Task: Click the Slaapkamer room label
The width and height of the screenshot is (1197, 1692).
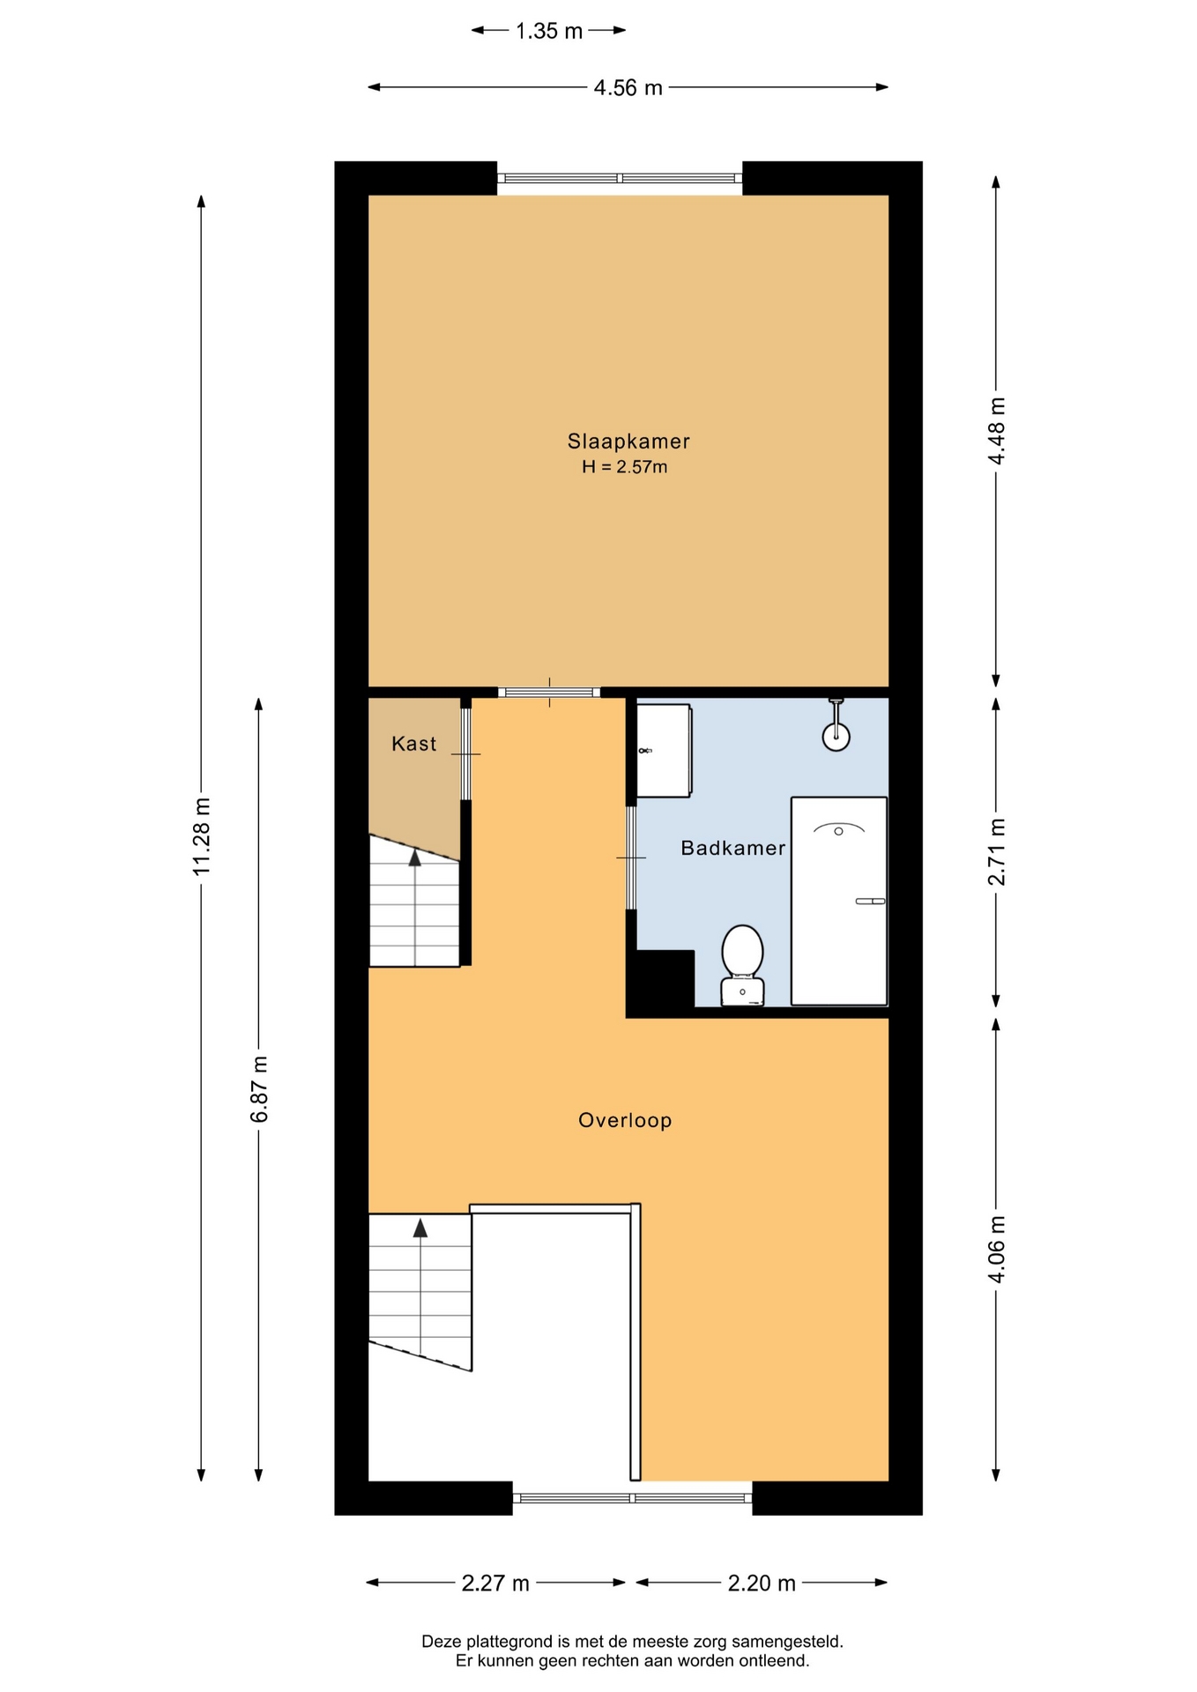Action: click(628, 441)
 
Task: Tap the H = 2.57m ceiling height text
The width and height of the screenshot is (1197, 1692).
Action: click(624, 467)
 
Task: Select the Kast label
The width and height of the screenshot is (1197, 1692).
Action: click(413, 744)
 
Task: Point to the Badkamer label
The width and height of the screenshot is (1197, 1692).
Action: click(732, 848)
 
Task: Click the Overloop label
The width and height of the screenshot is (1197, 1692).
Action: click(625, 1120)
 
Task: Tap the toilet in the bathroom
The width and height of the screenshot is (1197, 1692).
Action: click(742, 964)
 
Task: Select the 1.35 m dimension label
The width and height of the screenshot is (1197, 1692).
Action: click(549, 31)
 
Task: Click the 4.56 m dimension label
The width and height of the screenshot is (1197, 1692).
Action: click(628, 87)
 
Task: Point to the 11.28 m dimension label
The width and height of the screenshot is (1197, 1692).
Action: click(202, 837)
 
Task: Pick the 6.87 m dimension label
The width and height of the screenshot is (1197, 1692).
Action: click(259, 1089)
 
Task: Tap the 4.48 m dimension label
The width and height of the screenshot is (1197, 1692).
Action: click(996, 431)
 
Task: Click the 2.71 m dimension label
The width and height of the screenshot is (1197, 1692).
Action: click(996, 851)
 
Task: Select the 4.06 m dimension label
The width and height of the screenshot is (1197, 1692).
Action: click(996, 1249)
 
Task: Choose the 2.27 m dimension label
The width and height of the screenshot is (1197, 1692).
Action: click(495, 1584)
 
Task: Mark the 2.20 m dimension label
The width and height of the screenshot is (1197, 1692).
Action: click(762, 1584)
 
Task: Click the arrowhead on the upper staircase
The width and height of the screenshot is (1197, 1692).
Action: click(415, 857)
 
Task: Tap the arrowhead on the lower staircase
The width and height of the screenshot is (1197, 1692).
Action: click(420, 1228)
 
